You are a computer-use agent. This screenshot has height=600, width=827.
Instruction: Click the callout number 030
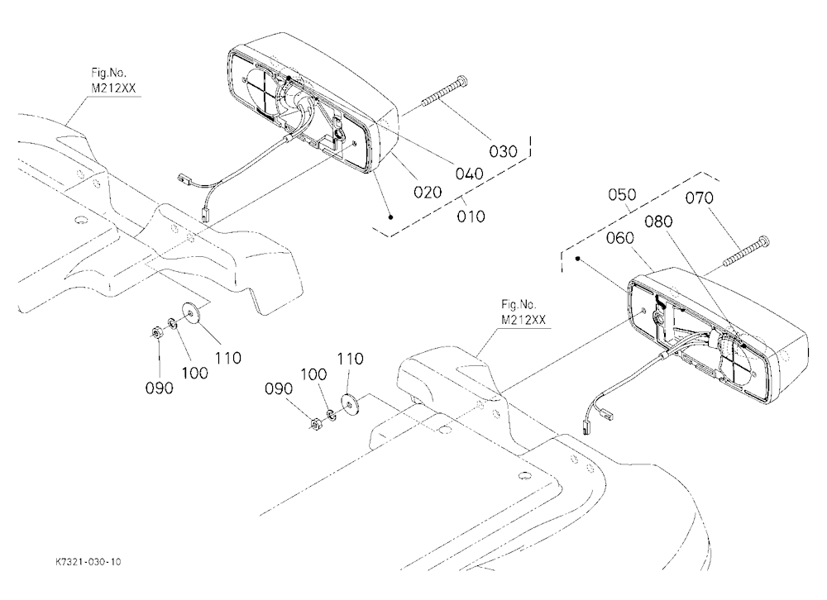(x=503, y=152)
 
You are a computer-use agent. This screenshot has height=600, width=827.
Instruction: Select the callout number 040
(x=469, y=174)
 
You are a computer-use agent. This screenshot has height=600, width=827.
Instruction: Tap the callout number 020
(x=428, y=193)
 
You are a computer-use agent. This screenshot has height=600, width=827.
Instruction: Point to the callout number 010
(x=471, y=217)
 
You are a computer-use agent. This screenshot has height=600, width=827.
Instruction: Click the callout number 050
(x=623, y=194)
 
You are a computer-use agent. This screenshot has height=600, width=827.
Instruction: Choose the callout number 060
(x=619, y=238)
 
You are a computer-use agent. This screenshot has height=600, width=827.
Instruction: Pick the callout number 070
(x=700, y=198)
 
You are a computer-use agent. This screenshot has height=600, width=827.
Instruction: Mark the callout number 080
(x=659, y=221)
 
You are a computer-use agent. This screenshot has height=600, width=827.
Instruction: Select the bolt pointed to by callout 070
(x=746, y=251)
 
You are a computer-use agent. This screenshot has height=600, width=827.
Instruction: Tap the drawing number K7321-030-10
(x=88, y=562)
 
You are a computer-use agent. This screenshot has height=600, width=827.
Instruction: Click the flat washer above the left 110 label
(x=189, y=312)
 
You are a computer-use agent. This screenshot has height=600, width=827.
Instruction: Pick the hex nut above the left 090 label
(x=156, y=333)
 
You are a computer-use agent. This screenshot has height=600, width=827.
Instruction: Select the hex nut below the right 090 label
(x=315, y=423)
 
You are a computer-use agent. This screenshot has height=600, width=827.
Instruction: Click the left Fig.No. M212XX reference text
(x=113, y=80)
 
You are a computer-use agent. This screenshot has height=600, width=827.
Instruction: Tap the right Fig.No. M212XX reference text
(x=523, y=312)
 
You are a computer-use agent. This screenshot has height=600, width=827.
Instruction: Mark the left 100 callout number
(x=194, y=374)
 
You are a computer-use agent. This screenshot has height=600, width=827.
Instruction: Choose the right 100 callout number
(x=313, y=375)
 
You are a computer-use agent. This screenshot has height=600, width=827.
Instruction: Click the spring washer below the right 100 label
(x=332, y=415)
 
